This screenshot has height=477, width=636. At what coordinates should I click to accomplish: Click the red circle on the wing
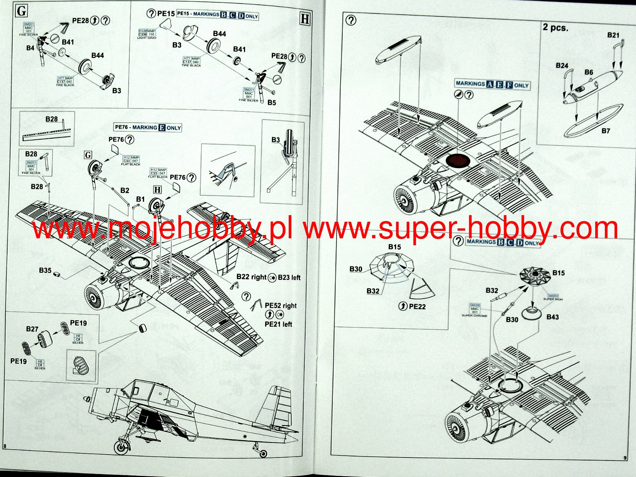[x=458, y=161]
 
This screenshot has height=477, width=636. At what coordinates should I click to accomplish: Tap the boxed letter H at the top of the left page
[x=305, y=19]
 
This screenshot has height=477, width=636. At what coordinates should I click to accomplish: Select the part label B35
[x=45, y=270]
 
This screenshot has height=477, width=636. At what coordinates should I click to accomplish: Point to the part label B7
[x=605, y=131]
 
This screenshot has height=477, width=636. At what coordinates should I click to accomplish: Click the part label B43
[x=552, y=317]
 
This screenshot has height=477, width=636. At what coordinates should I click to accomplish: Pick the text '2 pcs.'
[x=555, y=28]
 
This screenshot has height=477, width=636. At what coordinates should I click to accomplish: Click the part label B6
[x=589, y=72]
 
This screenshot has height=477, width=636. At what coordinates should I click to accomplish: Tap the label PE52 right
[x=280, y=305]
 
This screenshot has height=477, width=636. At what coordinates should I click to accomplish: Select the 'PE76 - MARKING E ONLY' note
[x=148, y=128]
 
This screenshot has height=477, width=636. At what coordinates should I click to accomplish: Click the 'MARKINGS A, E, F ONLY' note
[x=493, y=84]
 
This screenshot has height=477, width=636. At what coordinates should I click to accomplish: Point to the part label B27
[x=32, y=329]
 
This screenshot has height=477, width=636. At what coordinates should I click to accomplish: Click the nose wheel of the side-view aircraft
[x=121, y=447]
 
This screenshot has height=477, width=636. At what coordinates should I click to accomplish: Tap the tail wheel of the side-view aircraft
[x=263, y=453]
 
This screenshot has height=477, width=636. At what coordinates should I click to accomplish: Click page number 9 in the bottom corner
[x=625, y=458]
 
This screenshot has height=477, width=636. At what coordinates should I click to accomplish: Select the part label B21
[x=613, y=35]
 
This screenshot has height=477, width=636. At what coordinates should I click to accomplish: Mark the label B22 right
[x=251, y=277]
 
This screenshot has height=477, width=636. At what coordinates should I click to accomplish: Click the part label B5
[x=271, y=102]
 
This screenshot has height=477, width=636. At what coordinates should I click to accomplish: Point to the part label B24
[x=562, y=65]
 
